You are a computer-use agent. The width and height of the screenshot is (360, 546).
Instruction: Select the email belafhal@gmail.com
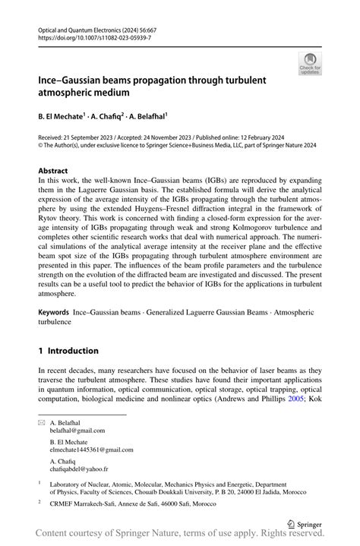pos(77,431)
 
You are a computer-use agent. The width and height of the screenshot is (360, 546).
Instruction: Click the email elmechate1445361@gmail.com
pos(91,450)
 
